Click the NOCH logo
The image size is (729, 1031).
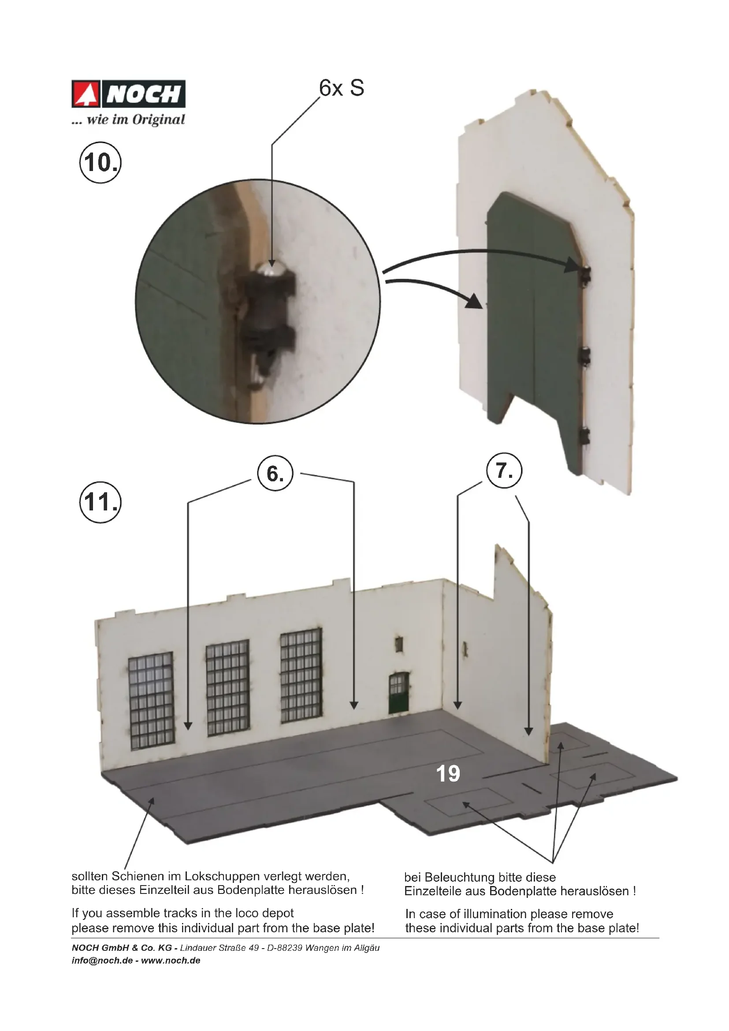128,94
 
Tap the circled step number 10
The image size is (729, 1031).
100,162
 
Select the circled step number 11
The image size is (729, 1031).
100,502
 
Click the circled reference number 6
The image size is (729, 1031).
275,474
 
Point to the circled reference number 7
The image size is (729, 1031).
505,471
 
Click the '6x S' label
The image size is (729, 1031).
342,88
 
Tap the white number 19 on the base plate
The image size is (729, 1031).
448,774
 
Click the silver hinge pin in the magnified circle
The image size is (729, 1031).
271,269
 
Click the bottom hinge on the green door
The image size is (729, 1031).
584,435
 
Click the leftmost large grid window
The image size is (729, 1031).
151,701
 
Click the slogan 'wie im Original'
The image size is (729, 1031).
136,119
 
